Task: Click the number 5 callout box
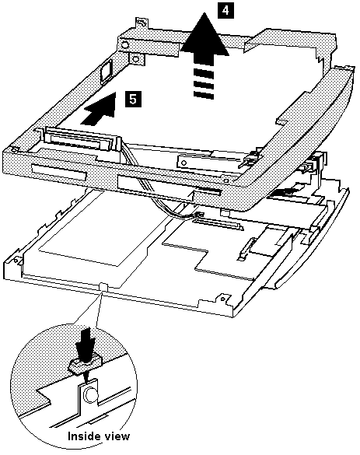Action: pyautogui.click(x=133, y=98)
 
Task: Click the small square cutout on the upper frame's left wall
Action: pyautogui.click(x=105, y=73)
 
